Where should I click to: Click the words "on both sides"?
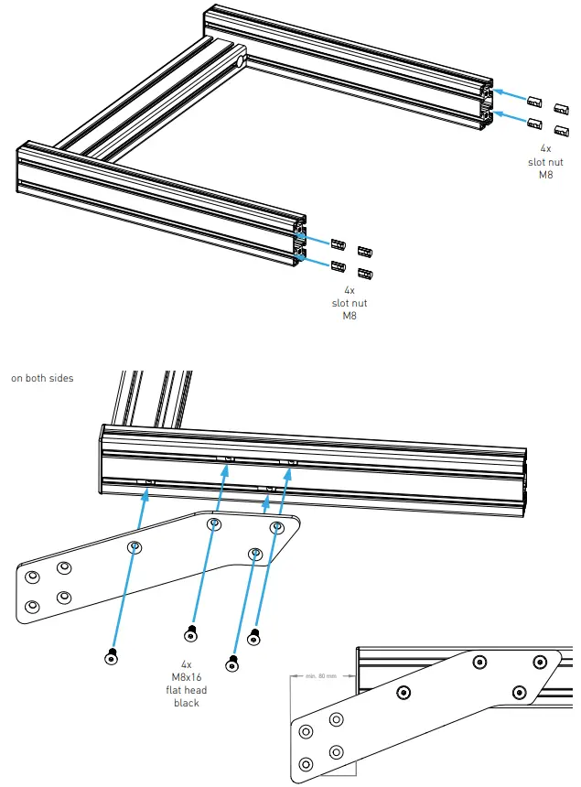[x=42, y=378]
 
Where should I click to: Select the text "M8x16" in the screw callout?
[x=186, y=678]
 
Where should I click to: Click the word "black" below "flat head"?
[x=186, y=703]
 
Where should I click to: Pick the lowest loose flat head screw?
[x=234, y=661]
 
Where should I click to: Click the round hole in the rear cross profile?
[x=241, y=61]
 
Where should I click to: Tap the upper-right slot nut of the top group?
[x=561, y=107]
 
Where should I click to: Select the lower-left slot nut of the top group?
[x=535, y=124]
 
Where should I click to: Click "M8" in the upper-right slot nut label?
[x=545, y=175]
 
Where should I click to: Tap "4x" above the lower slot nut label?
[x=349, y=289]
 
